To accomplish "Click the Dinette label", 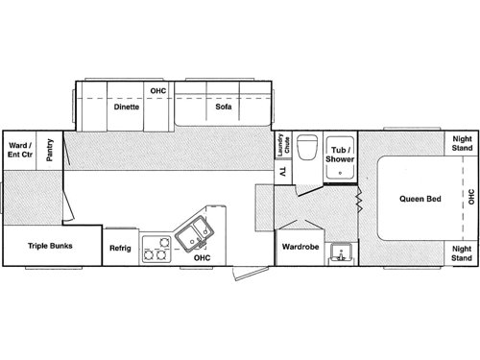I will click(127, 108).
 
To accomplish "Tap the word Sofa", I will click(223, 108).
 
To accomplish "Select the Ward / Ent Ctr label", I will click(19, 148).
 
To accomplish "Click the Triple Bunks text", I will click(50, 246).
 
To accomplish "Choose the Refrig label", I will click(119, 248).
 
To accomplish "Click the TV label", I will click(283, 172).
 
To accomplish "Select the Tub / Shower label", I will click(341, 155).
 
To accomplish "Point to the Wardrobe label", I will click(300, 247).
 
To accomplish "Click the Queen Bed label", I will click(420, 200).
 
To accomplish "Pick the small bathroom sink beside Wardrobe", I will click(339, 252).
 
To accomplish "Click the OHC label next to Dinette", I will click(158, 91).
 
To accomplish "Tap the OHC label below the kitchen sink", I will click(202, 257).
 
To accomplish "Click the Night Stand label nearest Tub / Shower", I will click(462, 143).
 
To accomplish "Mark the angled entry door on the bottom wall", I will click(246, 274).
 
